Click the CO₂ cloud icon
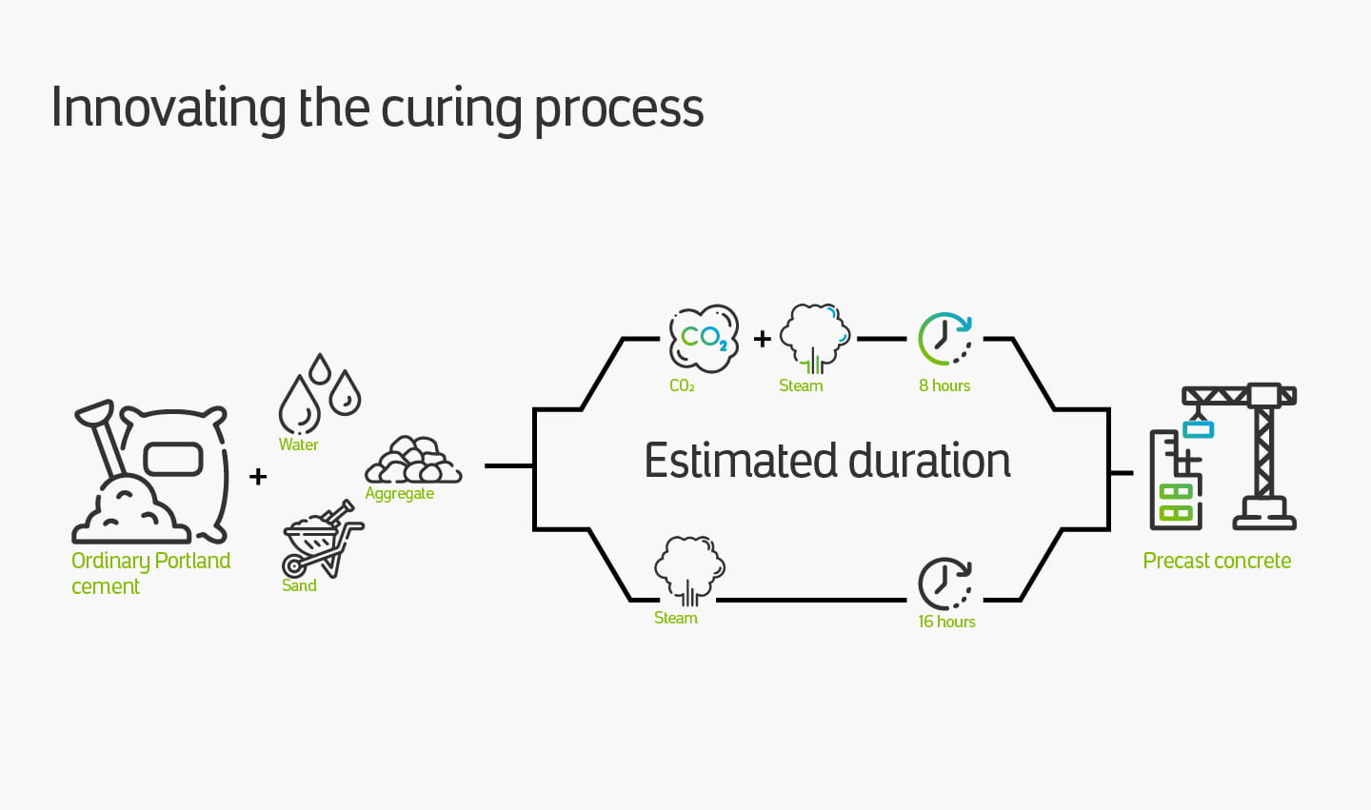tap(704, 338)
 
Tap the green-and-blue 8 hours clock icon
tap(944, 339)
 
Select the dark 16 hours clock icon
tap(944, 583)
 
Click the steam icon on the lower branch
tap(689, 570)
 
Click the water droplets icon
tap(319, 394)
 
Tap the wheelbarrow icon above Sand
tap(322, 539)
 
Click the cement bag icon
tap(152, 472)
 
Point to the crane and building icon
tap(1222, 457)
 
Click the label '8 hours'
tap(944, 385)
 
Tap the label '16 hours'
tap(946, 622)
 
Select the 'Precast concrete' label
tap(1217, 561)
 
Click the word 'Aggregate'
tap(400, 493)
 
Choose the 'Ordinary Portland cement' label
tap(150, 573)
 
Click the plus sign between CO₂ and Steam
tap(763, 338)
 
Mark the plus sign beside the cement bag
tap(258, 476)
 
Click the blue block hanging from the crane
tap(1198, 429)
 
